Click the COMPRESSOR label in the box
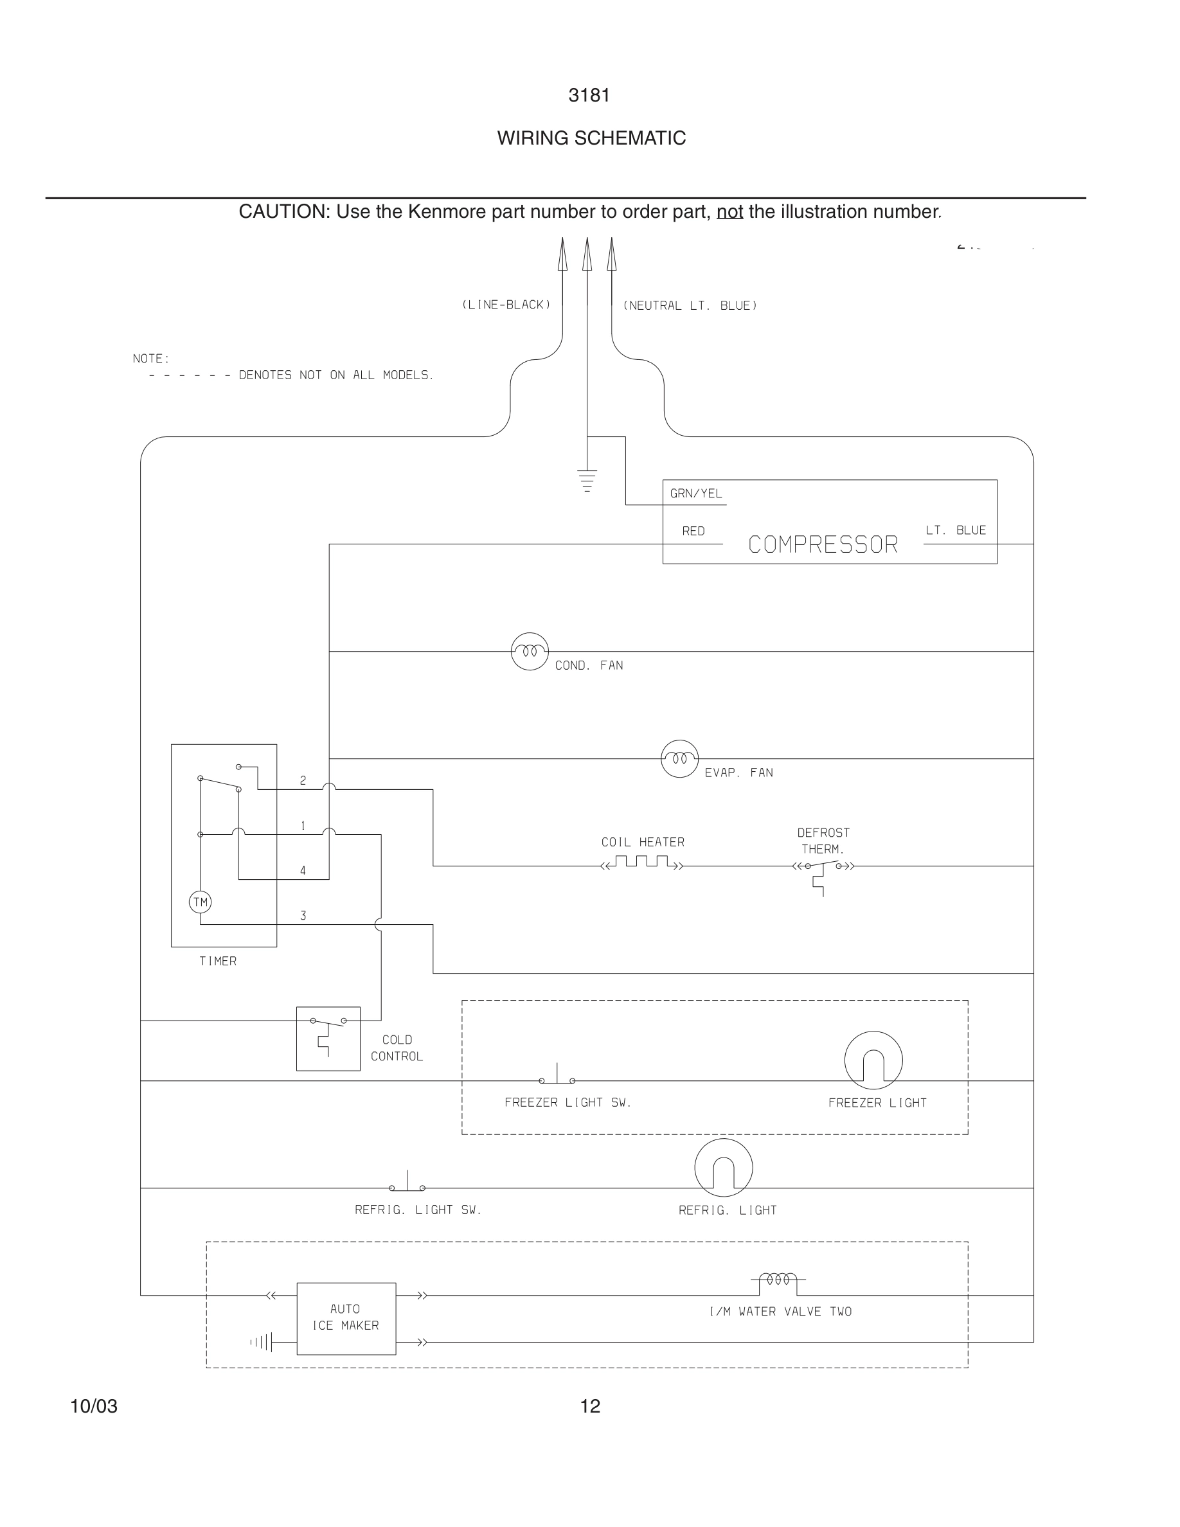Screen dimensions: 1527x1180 823,544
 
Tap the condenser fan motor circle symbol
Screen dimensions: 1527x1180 530,652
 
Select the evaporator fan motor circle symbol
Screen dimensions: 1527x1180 679,758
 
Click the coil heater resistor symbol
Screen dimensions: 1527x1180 641,862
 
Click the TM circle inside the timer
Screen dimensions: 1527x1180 201,902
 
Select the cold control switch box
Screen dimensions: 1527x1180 328,1039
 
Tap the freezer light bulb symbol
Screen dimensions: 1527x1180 873,1060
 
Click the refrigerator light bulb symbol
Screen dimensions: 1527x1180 724,1168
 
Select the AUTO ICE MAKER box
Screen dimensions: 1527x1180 346,1318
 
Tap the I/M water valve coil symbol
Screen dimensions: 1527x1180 778,1281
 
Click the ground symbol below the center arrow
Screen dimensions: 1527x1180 587,480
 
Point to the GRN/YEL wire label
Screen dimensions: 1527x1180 695,494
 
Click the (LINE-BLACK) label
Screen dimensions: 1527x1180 506,305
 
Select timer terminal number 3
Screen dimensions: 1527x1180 303,915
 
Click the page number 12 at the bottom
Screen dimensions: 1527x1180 590,1406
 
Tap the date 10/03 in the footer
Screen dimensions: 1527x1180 94,1406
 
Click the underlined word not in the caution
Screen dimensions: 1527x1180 729,212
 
